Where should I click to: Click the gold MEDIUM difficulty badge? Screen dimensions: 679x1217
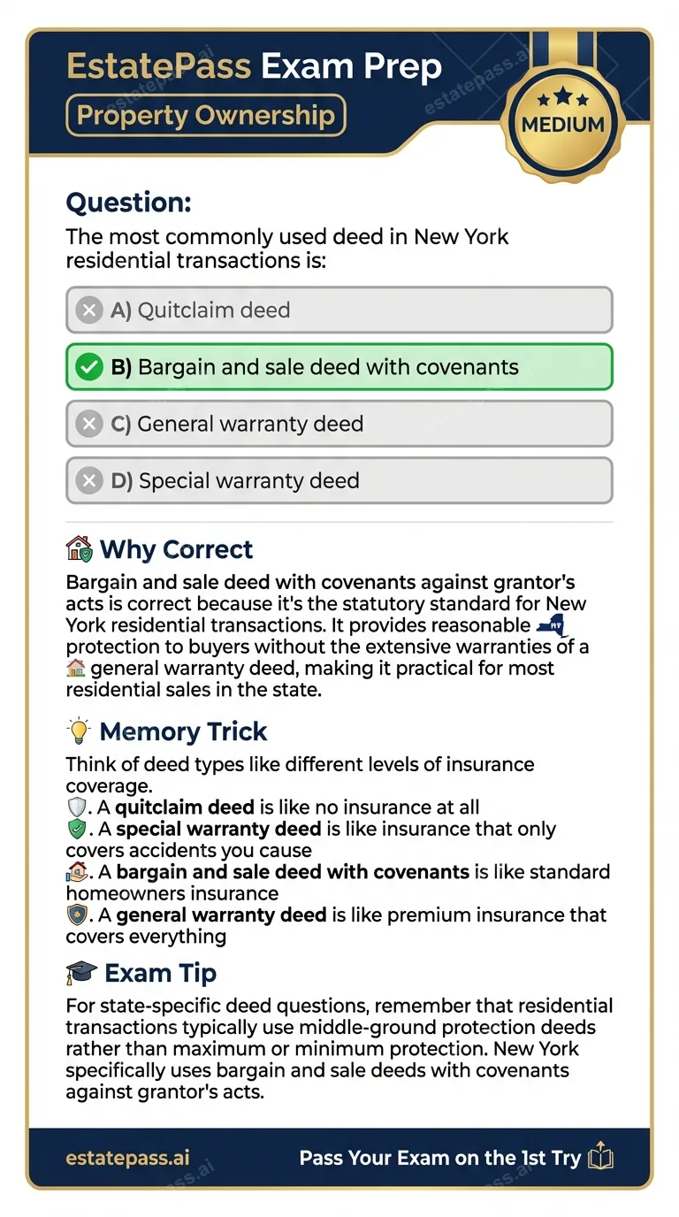click(x=562, y=123)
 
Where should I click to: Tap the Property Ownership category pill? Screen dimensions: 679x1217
click(x=205, y=116)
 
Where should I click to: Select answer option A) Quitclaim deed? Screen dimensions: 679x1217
click(x=339, y=310)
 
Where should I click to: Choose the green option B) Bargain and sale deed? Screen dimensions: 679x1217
click(x=339, y=367)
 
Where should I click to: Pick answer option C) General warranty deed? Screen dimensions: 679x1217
click(x=339, y=424)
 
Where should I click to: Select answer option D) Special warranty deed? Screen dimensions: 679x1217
click(x=339, y=480)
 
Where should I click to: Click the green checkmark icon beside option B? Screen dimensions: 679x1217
click(x=88, y=367)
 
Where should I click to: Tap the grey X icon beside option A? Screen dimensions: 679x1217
click(x=88, y=310)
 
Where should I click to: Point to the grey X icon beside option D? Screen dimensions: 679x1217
click(x=88, y=480)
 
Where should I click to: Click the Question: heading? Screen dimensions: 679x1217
click(x=129, y=203)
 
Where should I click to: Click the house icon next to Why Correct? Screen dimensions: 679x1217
click(x=80, y=549)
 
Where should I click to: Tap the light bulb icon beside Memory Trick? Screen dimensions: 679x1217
click(x=78, y=731)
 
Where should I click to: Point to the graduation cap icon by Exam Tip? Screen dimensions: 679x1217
click(x=80, y=973)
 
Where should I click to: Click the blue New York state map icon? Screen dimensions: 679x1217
click(x=553, y=626)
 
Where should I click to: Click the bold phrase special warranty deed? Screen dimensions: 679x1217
click(x=218, y=830)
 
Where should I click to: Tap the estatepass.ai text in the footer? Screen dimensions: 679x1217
click(x=127, y=1158)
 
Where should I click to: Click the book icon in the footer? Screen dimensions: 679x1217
click(x=601, y=1157)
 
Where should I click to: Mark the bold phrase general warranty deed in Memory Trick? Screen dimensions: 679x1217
click(x=221, y=915)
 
